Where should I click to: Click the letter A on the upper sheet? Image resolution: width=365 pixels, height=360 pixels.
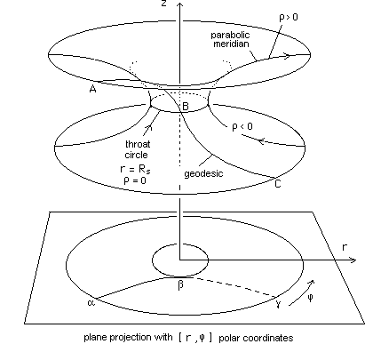click(92, 89)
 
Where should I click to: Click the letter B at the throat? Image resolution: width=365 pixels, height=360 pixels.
click(186, 106)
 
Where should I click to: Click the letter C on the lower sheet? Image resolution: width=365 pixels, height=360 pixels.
click(278, 184)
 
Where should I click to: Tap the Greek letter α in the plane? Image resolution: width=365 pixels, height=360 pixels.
click(91, 302)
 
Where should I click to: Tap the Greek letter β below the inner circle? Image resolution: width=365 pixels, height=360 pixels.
click(180, 285)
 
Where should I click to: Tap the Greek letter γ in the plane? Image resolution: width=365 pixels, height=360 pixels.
click(278, 303)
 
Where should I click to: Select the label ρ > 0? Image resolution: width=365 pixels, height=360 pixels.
click(289, 18)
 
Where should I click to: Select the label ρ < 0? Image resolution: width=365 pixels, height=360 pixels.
click(242, 127)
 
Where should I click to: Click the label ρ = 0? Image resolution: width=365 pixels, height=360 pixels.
click(135, 180)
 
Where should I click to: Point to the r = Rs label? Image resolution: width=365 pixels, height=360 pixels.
click(135, 169)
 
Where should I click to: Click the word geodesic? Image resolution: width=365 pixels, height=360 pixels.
click(203, 173)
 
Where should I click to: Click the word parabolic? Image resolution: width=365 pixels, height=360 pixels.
click(230, 35)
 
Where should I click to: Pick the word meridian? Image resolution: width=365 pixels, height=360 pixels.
click(231, 44)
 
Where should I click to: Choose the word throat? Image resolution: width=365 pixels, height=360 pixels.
click(138, 144)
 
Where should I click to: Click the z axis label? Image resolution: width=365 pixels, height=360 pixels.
click(163, 4)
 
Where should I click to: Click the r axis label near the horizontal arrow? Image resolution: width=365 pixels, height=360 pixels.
click(345, 247)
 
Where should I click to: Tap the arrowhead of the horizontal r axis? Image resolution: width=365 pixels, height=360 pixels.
click(353, 260)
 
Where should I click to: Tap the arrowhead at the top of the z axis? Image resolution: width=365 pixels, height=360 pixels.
click(180, 4)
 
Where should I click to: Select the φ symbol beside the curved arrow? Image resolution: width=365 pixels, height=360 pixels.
click(310, 298)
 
